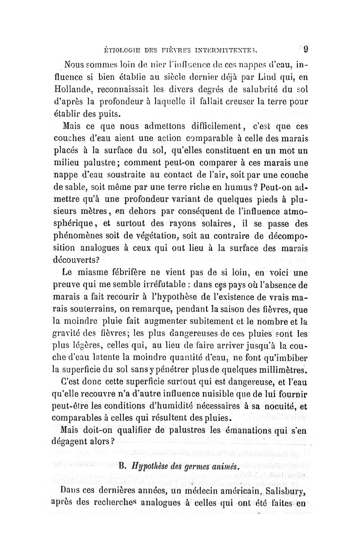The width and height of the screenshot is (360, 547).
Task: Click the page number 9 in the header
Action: click(x=305, y=48)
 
